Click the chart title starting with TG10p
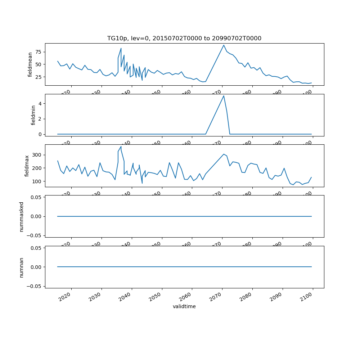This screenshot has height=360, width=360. point(184,38)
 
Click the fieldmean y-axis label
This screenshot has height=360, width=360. point(31,64)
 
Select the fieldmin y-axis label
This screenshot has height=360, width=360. point(33,115)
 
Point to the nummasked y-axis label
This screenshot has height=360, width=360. point(21,216)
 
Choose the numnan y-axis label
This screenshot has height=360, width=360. point(21,267)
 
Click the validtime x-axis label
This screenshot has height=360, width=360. point(184,306)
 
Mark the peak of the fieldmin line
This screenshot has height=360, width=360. point(224,95)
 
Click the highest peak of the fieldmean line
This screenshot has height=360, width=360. point(224,45)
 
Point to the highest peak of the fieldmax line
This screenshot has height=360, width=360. point(121,147)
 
